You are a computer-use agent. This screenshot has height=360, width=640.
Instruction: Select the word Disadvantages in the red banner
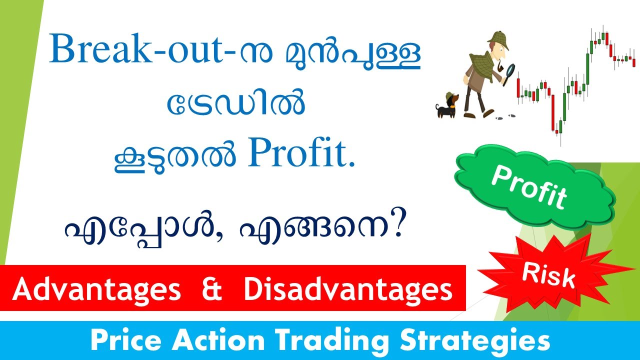point(348,290)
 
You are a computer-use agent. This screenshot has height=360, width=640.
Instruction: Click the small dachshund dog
point(446,105)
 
